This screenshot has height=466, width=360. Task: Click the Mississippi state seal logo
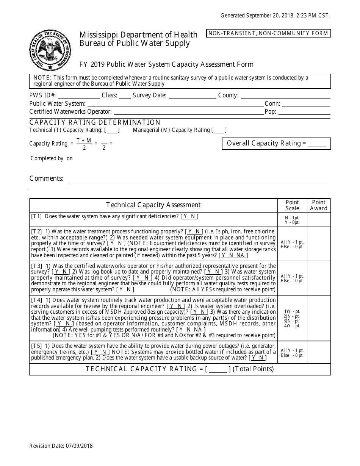pyautogui.click(x=50, y=50)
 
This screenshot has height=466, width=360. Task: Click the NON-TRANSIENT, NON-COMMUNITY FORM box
pyautogui.click(x=268, y=33)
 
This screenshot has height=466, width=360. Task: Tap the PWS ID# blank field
pyautogui.click(x=79, y=96)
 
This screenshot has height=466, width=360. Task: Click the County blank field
pyautogui.click(x=285, y=96)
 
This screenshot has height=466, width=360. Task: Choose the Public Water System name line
pyautogui.click(x=175, y=104)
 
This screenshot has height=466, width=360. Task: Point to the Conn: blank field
pyautogui.click(x=306, y=104)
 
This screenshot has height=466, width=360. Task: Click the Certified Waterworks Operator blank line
pyautogui.click(x=188, y=112)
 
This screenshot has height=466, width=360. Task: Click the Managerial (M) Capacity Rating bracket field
pyautogui.click(x=219, y=130)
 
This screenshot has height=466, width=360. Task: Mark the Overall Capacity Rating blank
pyautogui.click(x=317, y=144)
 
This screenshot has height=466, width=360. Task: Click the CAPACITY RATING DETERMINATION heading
pyautogui.click(x=95, y=122)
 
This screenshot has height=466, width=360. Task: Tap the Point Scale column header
pyautogui.click(x=292, y=205)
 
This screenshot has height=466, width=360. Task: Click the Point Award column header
pyautogui.click(x=318, y=205)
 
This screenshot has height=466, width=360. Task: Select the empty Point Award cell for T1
pyautogui.click(x=318, y=219)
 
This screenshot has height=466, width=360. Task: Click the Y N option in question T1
pyautogui.click(x=189, y=217)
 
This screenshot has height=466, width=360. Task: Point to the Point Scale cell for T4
pyautogui.click(x=292, y=318)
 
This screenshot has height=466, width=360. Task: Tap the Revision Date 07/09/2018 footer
pyautogui.click(x=61, y=446)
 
